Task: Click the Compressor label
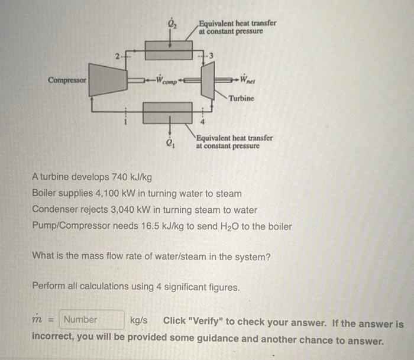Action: [67, 79]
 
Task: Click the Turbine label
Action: [241, 98]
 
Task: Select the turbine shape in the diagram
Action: [208, 79]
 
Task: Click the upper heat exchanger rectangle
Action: [169, 50]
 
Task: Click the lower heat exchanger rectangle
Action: [169, 112]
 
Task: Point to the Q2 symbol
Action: [172, 24]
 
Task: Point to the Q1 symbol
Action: [171, 142]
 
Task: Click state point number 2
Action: [118, 57]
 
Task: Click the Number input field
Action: [92, 320]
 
